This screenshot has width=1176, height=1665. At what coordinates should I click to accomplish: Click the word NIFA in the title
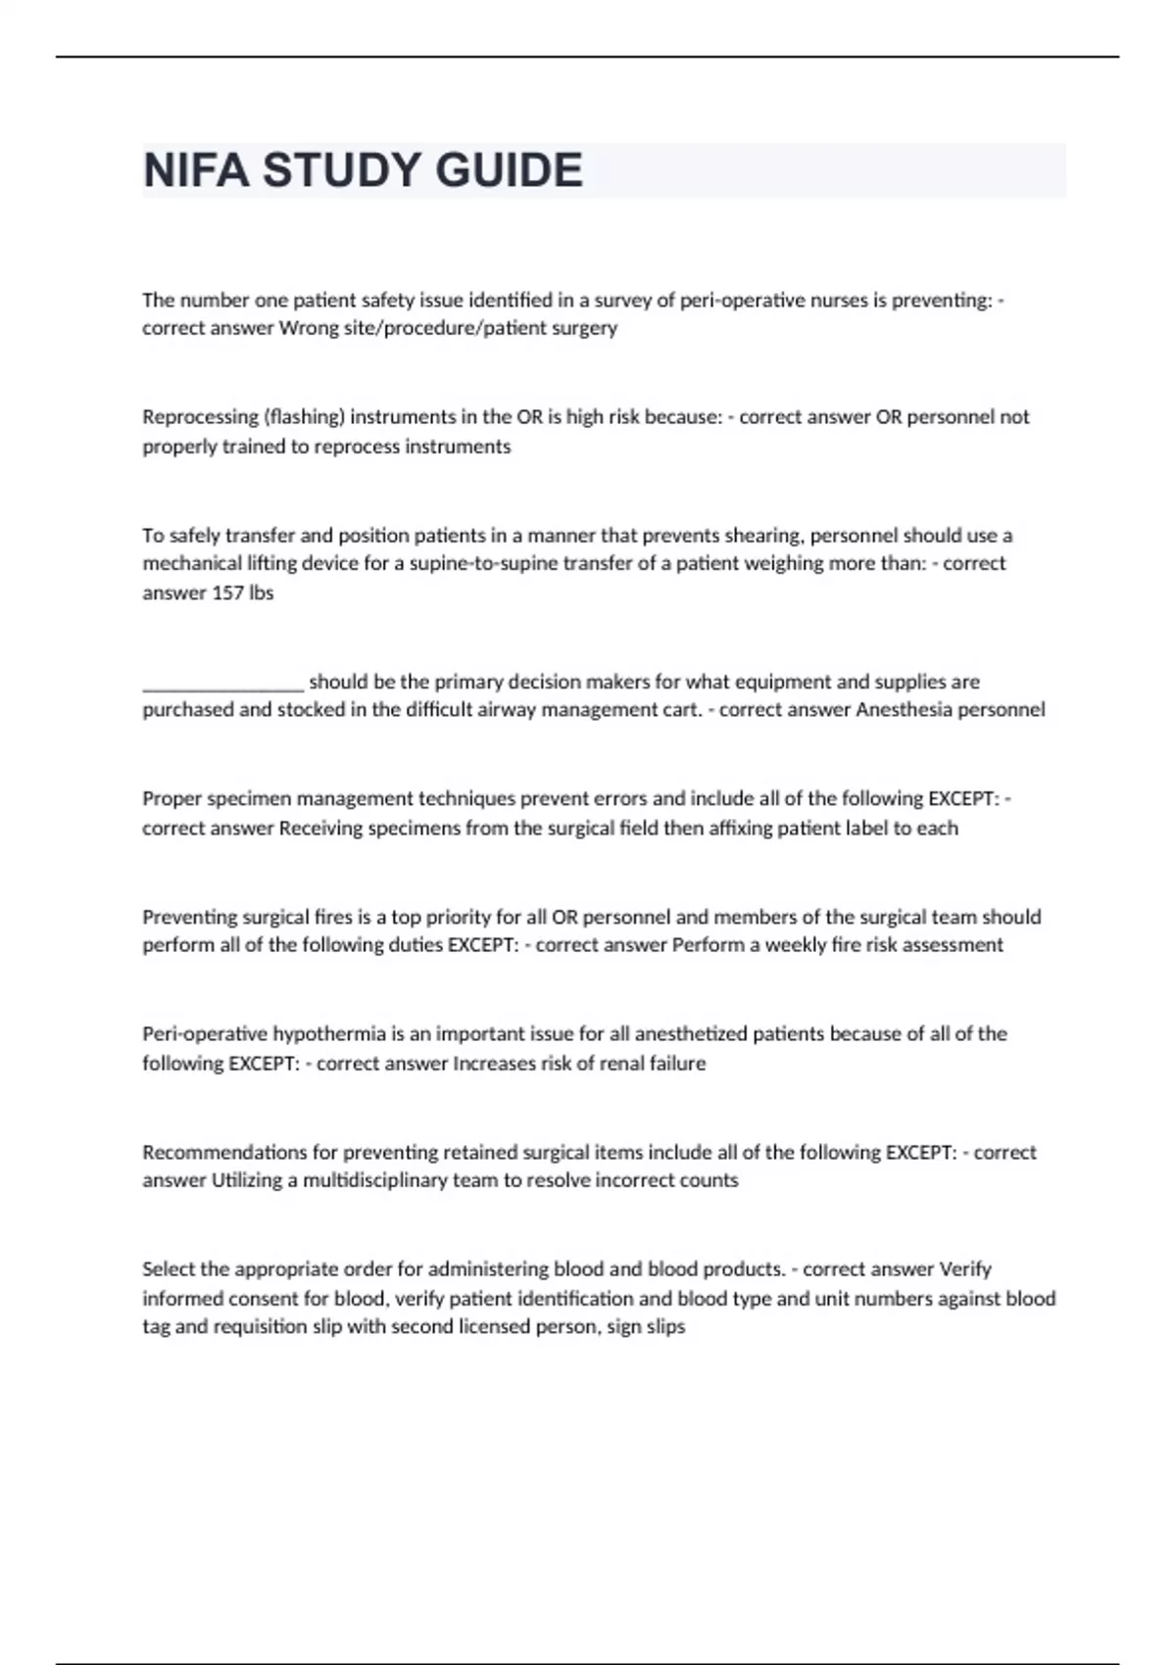[196, 170]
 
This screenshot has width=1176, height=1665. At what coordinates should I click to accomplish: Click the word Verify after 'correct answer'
[965, 1269]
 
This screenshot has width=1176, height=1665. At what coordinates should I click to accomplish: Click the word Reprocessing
[199, 417]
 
